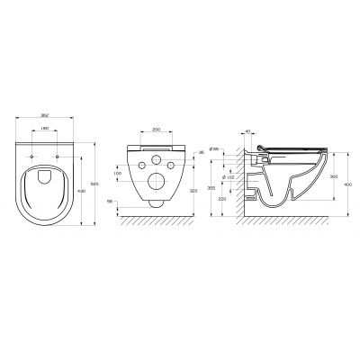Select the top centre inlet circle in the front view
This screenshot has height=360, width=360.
[x=159, y=159]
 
